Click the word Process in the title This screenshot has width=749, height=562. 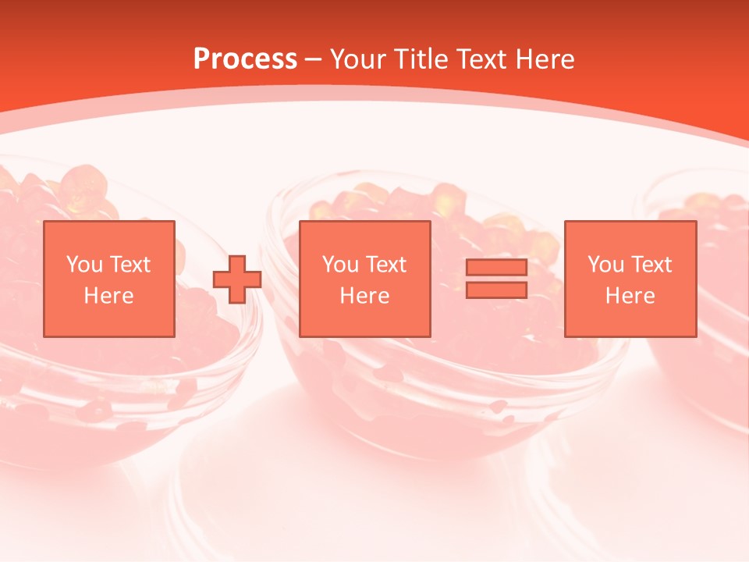click(245, 59)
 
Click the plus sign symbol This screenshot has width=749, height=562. click(237, 279)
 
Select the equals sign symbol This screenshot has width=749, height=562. click(496, 279)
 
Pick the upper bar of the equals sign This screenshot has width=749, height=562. click(496, 268)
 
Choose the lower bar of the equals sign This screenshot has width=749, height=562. click(496, 290)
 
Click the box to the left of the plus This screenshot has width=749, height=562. click(109, 279)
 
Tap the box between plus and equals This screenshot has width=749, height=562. click(365, 279)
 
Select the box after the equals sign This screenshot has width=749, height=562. click(630, 279)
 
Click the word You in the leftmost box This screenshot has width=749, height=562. click(83, 265)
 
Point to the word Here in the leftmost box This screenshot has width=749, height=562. click(109, 296)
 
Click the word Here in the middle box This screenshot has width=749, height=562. click(365, 296)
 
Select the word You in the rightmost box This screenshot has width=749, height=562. click(605, 265)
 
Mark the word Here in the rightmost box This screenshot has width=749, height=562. click(630, 296)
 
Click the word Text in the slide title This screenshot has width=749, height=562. click(485, 59)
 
